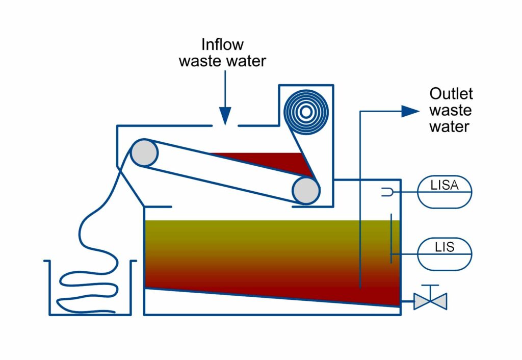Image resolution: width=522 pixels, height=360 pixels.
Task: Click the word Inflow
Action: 223,44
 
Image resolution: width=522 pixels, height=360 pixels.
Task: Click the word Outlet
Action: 451,94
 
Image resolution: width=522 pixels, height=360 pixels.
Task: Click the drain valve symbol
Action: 430,301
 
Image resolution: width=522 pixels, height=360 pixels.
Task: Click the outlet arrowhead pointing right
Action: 410,111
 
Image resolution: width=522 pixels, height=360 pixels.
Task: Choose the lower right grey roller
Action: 305,191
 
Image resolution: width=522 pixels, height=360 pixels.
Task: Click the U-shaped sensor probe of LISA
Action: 386,192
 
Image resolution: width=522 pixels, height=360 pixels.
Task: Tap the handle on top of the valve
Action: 430,286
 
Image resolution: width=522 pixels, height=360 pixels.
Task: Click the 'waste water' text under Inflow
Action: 222,62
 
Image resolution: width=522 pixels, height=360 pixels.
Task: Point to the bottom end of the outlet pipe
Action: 360,287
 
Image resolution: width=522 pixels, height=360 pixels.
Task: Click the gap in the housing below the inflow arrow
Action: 225,125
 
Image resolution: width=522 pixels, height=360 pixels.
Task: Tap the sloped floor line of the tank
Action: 270,296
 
